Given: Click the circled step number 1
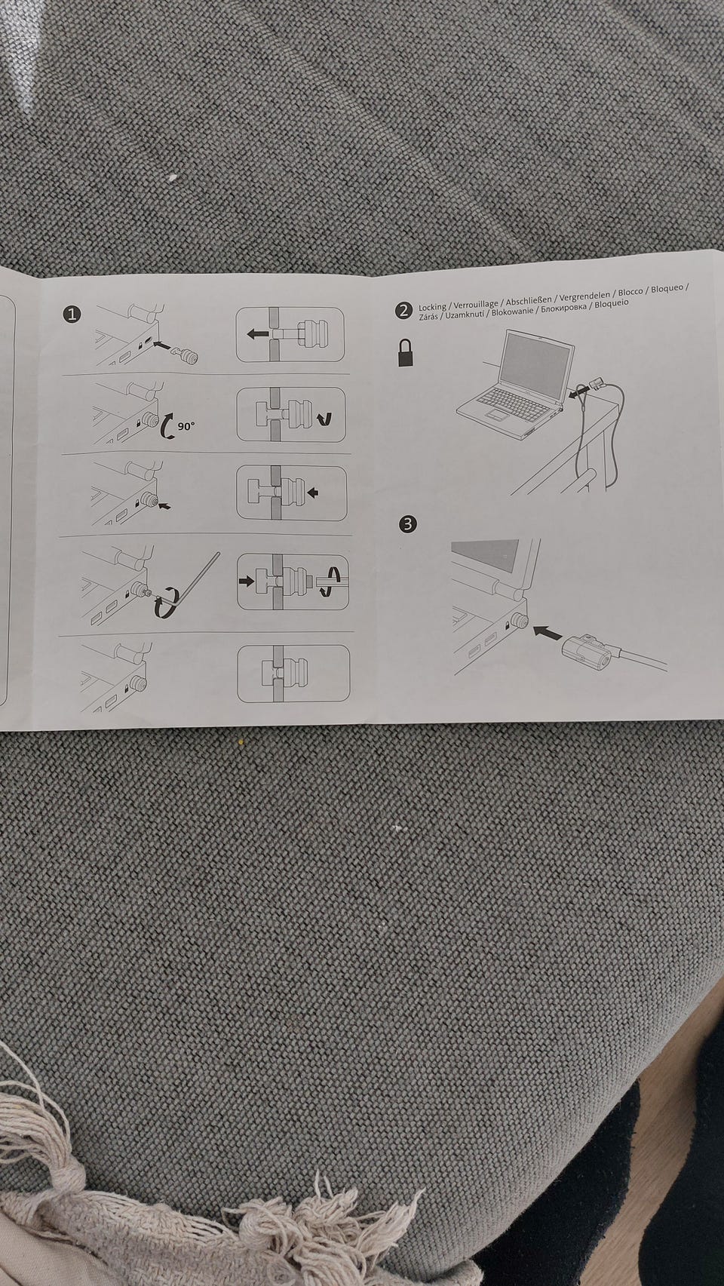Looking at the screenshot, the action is tap(72, 314).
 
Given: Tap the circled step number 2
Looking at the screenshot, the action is tap(403, 311).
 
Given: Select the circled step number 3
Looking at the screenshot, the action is tap(408, 523).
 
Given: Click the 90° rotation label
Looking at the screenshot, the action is tap(186, 427).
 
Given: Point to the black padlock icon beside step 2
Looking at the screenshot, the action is tap(406, 352).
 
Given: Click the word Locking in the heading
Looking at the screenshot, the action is tap(431, 308).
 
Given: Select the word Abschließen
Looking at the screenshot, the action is tap(529, 299).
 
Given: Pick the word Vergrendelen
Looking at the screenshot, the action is tap(584, 295).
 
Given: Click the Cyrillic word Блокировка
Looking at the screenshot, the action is tap(562, 308).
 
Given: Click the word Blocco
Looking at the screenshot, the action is tap(630, 292).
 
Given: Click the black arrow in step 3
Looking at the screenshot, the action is tap(548, 634).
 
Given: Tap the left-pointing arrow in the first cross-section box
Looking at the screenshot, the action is tap(259, 333).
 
